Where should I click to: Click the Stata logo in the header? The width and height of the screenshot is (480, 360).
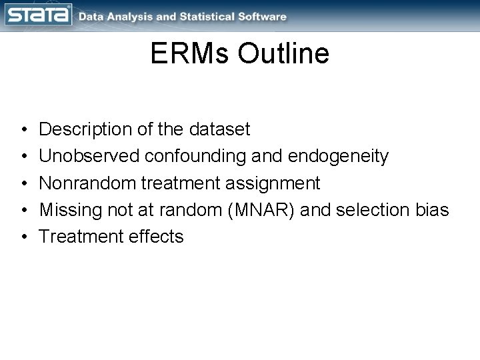point(37,15)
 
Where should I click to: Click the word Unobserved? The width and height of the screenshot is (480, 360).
point(90,156)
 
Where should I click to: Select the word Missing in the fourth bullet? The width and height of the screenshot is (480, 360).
point(67,209)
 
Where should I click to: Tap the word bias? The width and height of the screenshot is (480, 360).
point(435,209)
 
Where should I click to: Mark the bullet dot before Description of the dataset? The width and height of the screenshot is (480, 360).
point(23,129)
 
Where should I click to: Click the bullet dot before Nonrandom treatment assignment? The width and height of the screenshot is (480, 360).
point(23,183)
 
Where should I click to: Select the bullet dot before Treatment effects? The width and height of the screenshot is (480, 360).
point(23,237)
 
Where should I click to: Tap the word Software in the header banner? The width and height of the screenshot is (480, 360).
point(262,16)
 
